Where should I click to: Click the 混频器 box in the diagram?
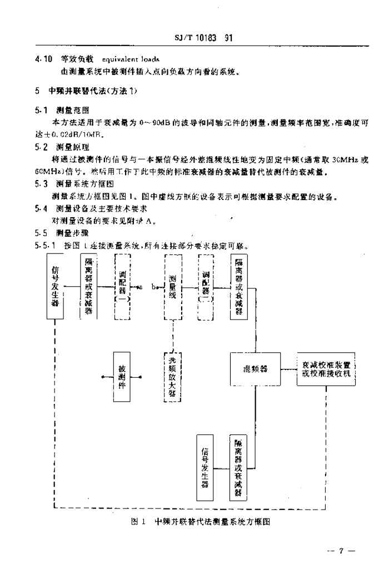click(255, 368)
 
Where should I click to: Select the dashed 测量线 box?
click(173, 287)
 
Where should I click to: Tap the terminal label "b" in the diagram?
click(153, 287)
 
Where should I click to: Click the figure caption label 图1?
click(138, 522)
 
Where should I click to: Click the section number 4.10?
click(43, 59)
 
